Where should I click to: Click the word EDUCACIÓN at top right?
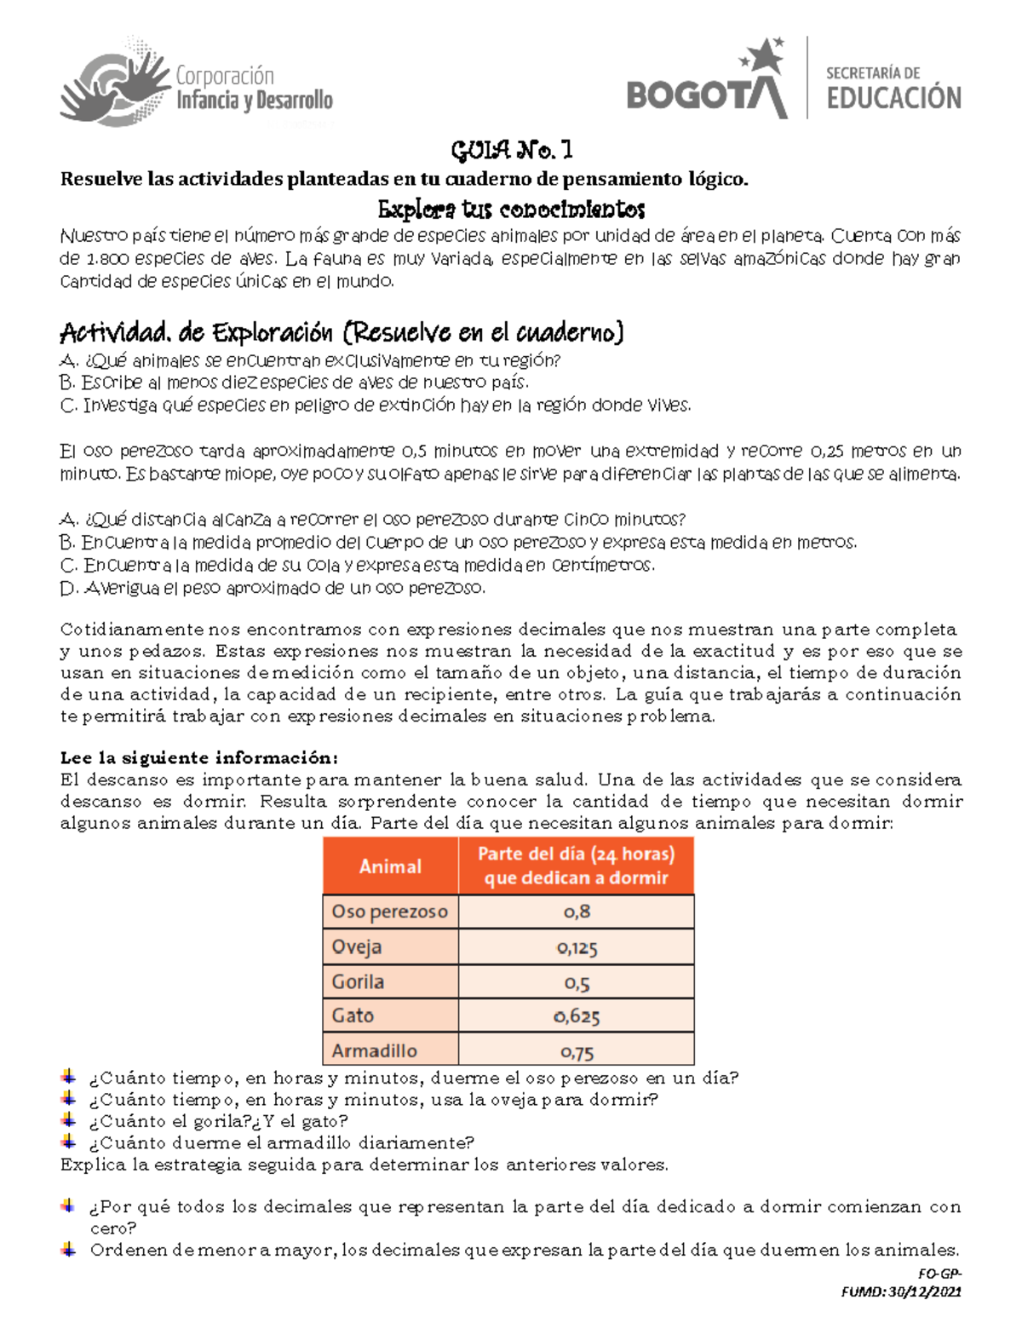(893, 97)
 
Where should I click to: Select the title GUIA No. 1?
(512, 151)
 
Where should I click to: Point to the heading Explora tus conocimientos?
(511, 209)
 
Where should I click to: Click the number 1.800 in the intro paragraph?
(106, 259)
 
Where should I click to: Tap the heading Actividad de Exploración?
(342, 331)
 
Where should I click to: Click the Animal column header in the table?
(390, 866)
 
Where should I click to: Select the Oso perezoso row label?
(389, 912)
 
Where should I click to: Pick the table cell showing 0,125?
(577, 947)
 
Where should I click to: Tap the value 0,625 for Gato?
(577, 1016)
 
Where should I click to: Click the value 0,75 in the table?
(577, 1052)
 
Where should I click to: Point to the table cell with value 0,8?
(577, 912)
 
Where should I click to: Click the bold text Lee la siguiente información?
(199, 757)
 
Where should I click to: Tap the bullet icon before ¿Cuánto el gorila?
(69, 1120)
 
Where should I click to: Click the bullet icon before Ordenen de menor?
(69, 1250)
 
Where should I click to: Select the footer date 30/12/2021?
(924, 1291)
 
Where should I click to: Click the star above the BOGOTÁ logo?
(769, 55)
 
